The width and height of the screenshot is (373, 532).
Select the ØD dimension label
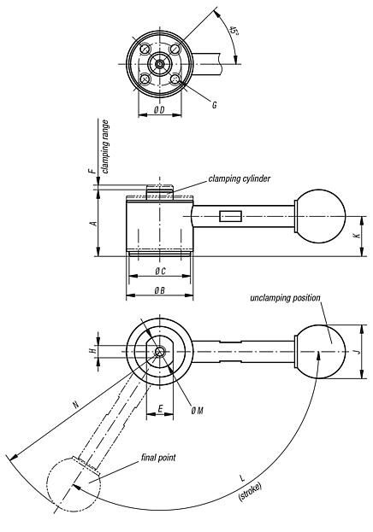159,112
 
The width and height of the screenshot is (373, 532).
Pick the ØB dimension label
159,291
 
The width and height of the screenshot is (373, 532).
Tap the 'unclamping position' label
285,298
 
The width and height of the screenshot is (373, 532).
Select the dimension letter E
161,409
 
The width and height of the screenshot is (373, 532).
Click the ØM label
197,411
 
